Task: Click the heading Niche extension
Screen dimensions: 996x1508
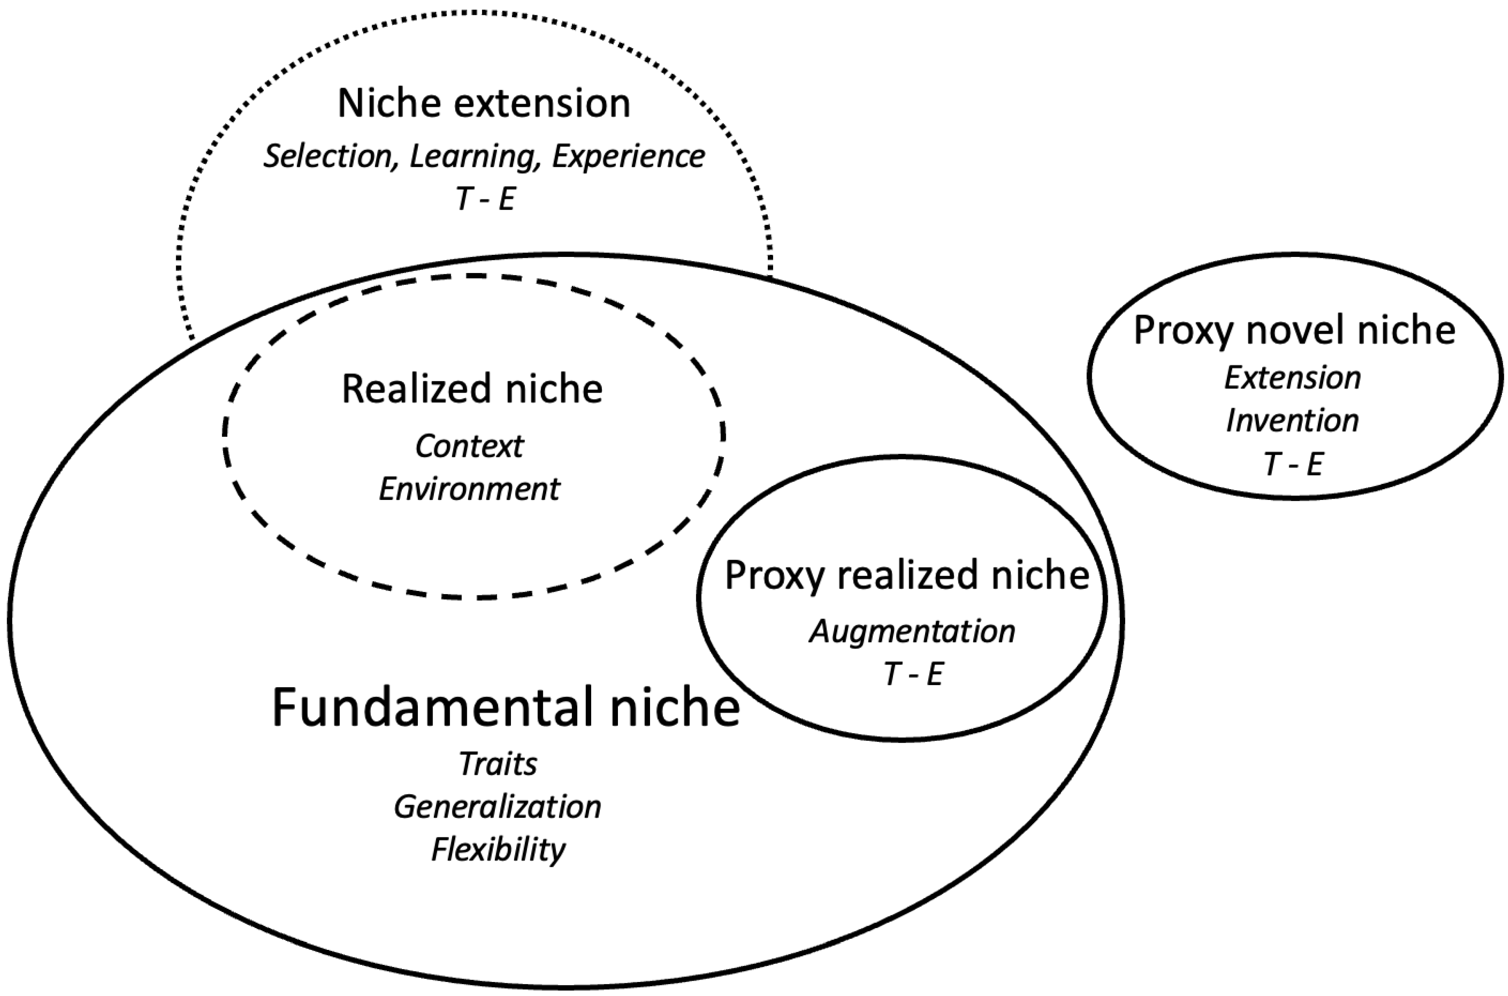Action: [484, 103]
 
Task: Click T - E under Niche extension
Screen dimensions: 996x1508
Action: [485, 199]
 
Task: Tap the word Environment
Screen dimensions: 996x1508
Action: [469, 489]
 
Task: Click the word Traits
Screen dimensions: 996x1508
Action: [498, 764]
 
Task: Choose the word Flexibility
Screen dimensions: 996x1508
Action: [498, 850]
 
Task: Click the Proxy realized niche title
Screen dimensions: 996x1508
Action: [907, 576]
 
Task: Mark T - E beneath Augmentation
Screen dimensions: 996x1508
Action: [912, 674]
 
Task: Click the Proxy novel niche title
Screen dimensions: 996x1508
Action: [1294, 331]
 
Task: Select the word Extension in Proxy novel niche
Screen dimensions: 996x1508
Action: [1293, 378]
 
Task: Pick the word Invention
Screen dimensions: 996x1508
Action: [1293, 420]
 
